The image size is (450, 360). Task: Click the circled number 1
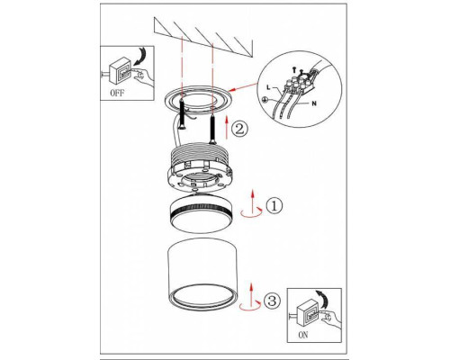[274, 205]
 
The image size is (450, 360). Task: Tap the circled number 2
[239, 129]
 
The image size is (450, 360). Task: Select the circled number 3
[272, 301]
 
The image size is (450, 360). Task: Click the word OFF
[117, 93]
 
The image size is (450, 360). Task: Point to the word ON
[303, 335]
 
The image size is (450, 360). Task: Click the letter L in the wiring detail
[268, 88]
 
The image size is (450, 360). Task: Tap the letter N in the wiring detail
[314, 103]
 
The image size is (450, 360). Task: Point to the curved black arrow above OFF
[141, 56]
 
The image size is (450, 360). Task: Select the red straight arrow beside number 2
[227, 128]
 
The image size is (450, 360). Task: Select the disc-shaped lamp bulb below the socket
[200, 214]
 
